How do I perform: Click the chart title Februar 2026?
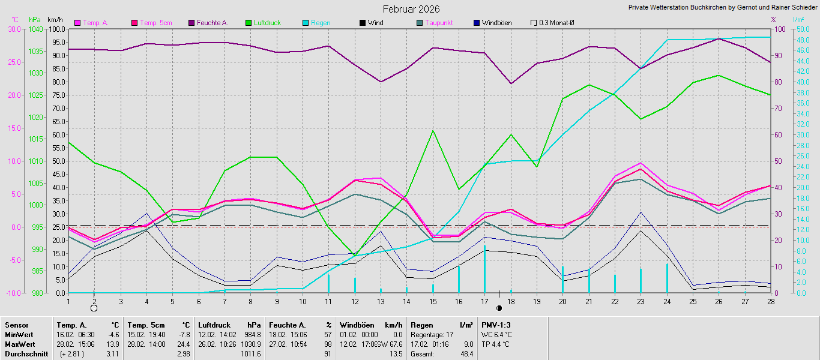[x=411, y=9]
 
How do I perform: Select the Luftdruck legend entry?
[x=264, y=23]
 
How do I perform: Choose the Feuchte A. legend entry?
[x=211, y=23]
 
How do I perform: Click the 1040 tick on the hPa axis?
[x=35, y=29]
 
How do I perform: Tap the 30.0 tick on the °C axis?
[x=13, y=29]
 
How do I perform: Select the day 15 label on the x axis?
[x=433, y=301]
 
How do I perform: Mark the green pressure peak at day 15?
[x=433, y=131]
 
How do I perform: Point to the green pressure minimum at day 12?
[x=355, y=256]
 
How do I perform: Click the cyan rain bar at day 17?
[x=484, y=269]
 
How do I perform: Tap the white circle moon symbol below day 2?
[x=94, y=308]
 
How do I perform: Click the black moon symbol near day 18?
[x=499, y=308]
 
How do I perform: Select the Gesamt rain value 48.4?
[x=466, y=354]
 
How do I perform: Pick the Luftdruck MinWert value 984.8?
[x=253, y=334]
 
